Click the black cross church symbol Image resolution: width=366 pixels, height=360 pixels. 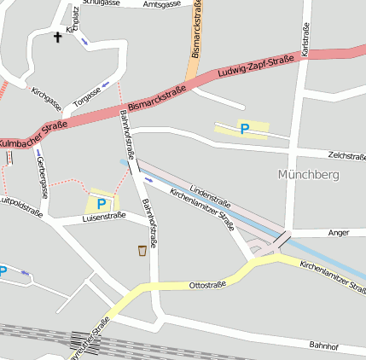click(58, 37)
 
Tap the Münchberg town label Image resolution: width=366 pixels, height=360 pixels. click(309, 174)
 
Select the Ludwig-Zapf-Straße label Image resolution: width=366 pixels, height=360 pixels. click(251, 73)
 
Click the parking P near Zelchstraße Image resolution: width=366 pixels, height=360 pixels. click(245, 129)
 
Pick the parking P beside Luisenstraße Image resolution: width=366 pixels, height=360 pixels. click(102, 204)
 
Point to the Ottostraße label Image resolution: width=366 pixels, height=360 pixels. click(207, 284)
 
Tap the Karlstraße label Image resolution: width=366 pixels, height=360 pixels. click(305, 39)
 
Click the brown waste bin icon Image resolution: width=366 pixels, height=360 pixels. click(142, 250)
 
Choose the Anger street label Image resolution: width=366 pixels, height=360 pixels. click(339, 232)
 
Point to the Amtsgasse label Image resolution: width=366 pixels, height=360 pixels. click(162, 4)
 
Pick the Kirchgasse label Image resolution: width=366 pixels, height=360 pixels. click(46, 98)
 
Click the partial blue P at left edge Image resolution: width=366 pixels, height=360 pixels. click(3, 271)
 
